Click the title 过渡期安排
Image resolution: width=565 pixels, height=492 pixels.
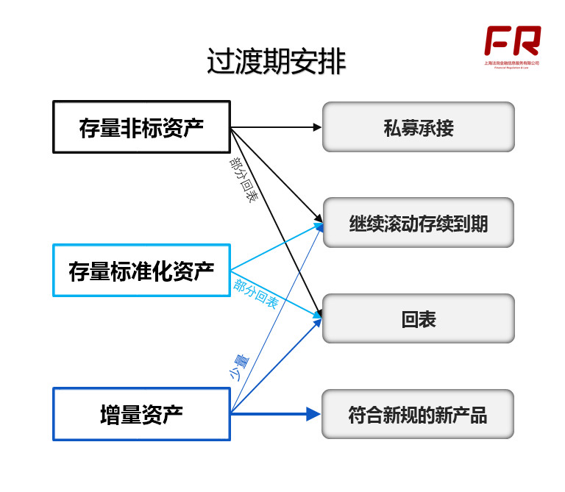tap(276, 63)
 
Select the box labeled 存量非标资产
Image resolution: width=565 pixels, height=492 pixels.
tap(141, 127)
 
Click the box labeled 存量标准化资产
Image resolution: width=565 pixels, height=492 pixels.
tap(141, 271)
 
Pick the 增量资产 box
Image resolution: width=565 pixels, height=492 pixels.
tap(141, 414)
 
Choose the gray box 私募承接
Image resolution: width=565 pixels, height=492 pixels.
tap(418, 127)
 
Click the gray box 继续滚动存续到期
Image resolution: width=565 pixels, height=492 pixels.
tap(418, 223)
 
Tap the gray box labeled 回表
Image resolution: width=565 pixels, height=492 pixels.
tap(418, 318)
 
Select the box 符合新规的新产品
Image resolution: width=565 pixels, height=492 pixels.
tap(418, 414)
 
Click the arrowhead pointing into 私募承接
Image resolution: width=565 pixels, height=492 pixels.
tap(318, 127)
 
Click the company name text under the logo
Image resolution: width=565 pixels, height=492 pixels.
tap(512, 63)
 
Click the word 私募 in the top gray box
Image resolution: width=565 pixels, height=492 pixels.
tap(400, 127)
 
